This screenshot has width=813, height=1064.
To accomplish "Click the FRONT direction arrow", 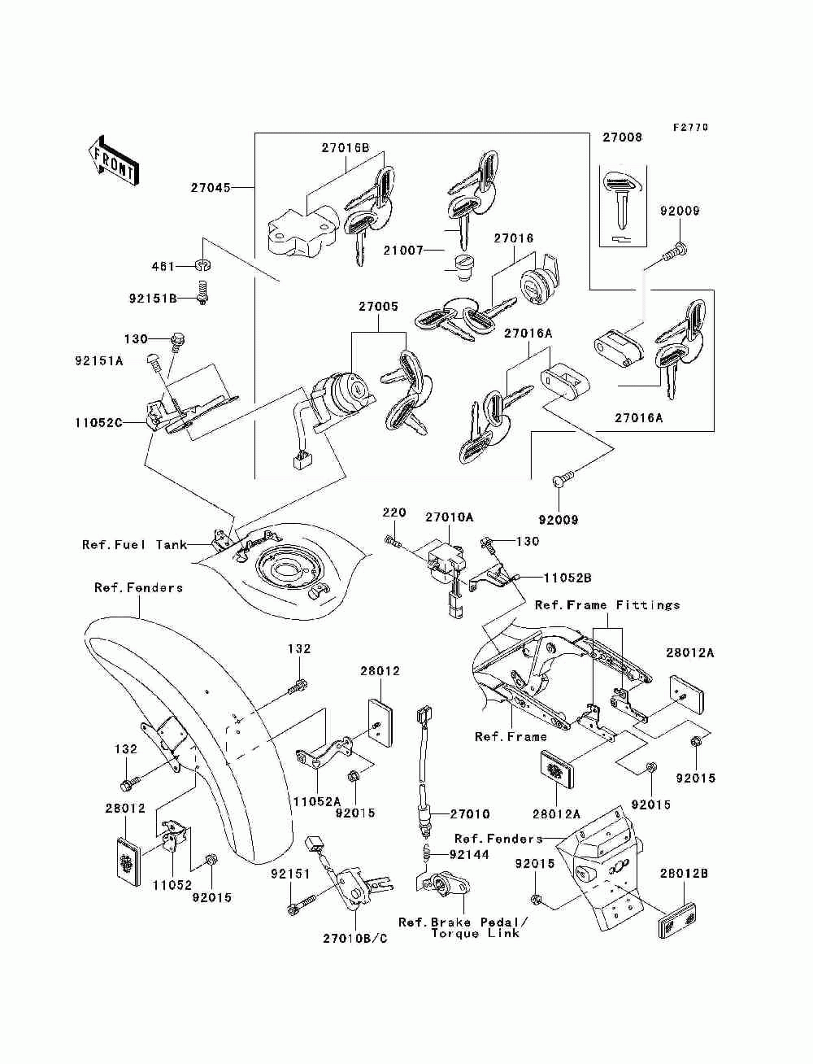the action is [x=113, y=160].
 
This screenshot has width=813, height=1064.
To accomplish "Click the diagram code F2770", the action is [x=690, y=128].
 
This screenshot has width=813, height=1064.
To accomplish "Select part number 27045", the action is [x=211, y=188].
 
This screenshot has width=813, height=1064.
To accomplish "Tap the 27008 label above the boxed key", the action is [x=622, y=137].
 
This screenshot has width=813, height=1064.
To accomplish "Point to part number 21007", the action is [x=403, y=250].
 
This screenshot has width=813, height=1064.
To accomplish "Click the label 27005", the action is [x=378, y=307].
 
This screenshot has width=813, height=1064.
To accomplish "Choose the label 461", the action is [x=163, y=266].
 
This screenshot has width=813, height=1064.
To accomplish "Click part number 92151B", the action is [x=153, y=298].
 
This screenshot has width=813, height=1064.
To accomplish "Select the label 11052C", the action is [x=98, y=423].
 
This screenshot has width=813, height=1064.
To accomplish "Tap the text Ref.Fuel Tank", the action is [x=135, y=545].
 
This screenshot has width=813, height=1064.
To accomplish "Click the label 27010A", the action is [x=450, y=517].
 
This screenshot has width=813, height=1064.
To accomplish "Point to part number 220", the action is [x=394, y=512].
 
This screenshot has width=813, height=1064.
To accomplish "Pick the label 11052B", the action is [x=567, y=578].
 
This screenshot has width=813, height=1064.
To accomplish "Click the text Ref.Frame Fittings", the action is [x=607, y=605].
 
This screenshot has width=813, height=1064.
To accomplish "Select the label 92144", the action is [x=469, y=855].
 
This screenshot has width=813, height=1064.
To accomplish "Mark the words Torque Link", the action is [x=475, y=933].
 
